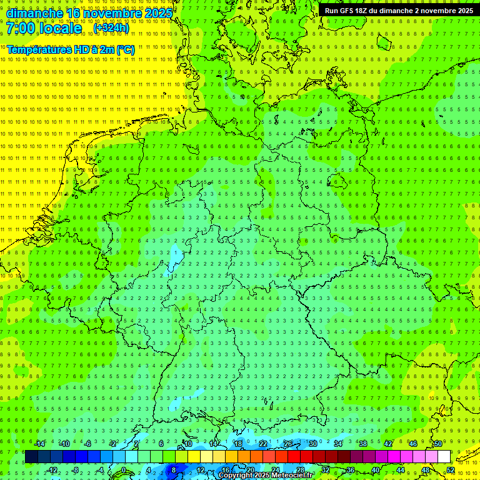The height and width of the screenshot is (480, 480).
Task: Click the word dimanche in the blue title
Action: [34, 12]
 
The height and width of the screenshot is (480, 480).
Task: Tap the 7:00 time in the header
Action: [20, 28]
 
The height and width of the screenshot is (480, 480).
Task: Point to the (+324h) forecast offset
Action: [111, 28]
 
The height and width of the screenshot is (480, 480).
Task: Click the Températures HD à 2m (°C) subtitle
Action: [71, 49]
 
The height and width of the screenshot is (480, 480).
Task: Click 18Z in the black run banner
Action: [366, 11]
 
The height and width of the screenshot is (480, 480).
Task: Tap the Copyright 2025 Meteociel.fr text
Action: [266, 476]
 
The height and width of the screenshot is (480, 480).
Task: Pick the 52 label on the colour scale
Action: [451, 470]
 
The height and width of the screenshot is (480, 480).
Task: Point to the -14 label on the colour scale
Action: [40, 444]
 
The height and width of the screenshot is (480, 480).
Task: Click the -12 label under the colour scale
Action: [52, 470]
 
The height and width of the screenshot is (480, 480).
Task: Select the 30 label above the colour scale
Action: [312, 444]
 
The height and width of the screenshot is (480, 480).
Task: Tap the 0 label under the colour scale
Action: [123, 470]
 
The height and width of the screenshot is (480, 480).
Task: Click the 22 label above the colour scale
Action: [263, 444]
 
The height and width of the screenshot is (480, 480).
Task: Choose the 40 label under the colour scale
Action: [375, 470]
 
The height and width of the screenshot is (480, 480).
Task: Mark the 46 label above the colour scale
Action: [412, 444]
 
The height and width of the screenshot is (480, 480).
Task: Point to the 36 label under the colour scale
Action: [350, 470]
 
